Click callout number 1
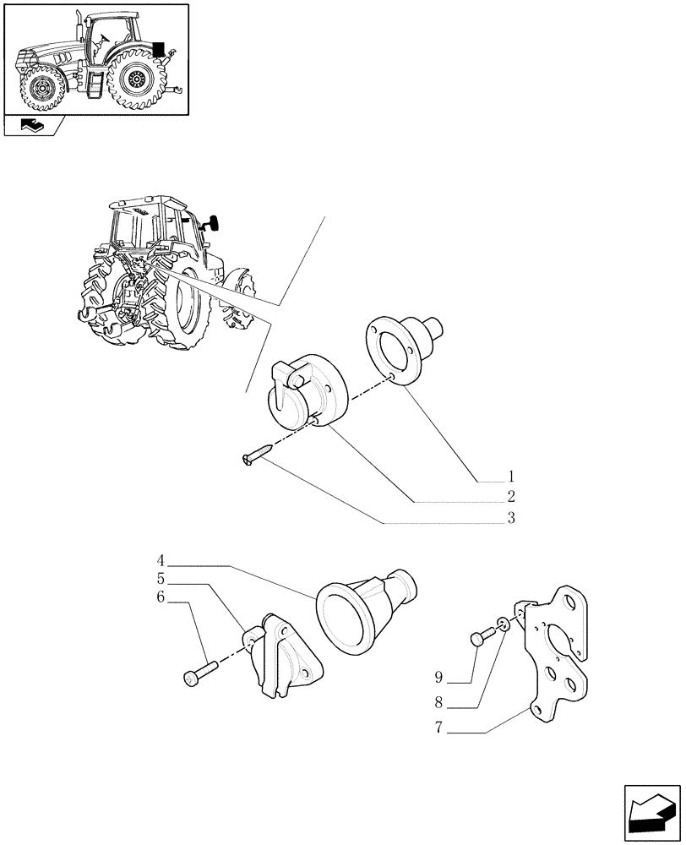[x=510, y=476]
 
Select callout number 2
[x=510, y=497]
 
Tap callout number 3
[x=510, y=519]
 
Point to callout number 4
[x=161, y=560]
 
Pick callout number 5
[x=161, y=580]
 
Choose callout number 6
[x=161, y=599]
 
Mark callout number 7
[x=438, y=728]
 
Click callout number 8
[x=438, y=701]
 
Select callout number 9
[x=438, y=678]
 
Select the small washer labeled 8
[x=504, y=625]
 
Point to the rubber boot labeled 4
[x=363, y=613]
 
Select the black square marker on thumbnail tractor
[x=158, y=49]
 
